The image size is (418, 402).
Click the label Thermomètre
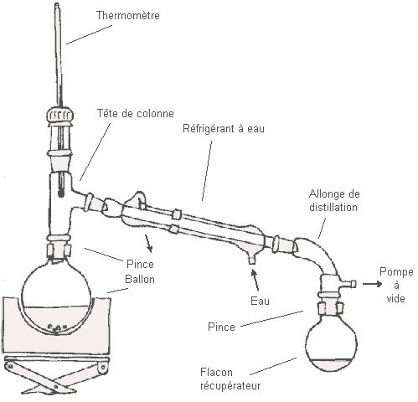click(x=128, y=15)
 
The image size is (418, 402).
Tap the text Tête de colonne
click(x=136, y=113)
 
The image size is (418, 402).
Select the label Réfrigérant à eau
click(x=224, y=129)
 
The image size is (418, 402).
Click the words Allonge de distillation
click(x=334, y=200)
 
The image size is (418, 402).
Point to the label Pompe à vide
click(x=396, y=285)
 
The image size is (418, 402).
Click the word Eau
click(x=260, y=301)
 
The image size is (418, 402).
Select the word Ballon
click(x=140, y=279)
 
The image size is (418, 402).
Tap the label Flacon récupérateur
click(x=230, y=379)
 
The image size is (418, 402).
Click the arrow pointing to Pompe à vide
click(x=372, y=284)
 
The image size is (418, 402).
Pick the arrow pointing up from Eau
click(x=255, y=280)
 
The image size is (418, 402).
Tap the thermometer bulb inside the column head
click(x=61, y=193)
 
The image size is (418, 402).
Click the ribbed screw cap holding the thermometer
click(x=60, y=115)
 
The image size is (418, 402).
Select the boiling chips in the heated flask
click(x=57, y=327)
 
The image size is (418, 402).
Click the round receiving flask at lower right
click(x=331, y=346)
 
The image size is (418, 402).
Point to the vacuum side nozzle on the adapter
click(x=349, y=284)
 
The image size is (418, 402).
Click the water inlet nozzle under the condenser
click(x=252, y=259)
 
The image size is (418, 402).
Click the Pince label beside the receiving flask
click(x=221, y=327)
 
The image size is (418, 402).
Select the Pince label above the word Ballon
click(x=140, y=264)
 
